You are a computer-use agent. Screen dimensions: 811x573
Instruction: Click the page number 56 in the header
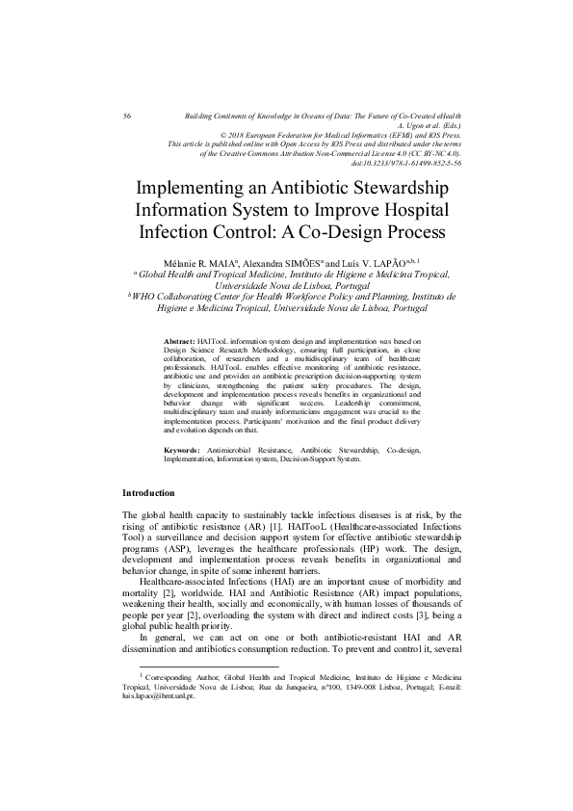click(x=127, y=116)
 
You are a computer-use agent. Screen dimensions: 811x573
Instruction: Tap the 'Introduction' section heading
click(x=148, y=493)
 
